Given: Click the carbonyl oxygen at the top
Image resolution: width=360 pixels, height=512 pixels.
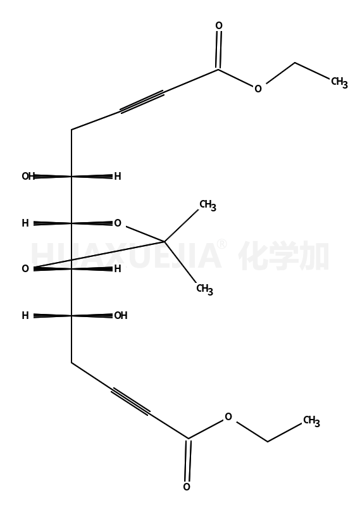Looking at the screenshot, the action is pos(219,25).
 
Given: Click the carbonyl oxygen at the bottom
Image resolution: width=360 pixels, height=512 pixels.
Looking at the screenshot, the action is pos(187,487).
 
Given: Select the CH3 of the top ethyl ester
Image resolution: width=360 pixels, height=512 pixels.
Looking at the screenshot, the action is pos(340,82).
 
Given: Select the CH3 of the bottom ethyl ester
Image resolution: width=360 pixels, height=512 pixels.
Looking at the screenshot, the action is pos(311,421).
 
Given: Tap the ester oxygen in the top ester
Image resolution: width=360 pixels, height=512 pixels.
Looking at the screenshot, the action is pos(258,89).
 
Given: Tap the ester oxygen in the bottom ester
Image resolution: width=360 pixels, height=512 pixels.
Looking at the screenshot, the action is pos(228,416).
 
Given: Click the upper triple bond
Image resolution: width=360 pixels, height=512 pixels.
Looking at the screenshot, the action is pos(142,102).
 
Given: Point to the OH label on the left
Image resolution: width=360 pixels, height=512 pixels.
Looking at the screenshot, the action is pos(28,177).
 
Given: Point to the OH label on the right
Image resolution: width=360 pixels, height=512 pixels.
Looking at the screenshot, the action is pos(120,315).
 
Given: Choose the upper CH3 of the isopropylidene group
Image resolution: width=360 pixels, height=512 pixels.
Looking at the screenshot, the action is pos(208,206).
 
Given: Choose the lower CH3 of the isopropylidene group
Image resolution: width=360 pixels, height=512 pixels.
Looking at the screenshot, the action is pos(204,289).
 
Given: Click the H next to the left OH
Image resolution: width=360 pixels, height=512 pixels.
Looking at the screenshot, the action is pos(118,177).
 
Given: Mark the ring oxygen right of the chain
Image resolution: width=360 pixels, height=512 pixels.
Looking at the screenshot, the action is pos(118,223).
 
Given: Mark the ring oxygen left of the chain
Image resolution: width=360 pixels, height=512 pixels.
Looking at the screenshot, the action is pos(25,269).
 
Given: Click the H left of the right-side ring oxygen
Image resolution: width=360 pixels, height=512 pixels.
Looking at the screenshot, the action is pos(25,223).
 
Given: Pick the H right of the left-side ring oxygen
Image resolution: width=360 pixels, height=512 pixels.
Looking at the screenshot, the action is pos(118,269).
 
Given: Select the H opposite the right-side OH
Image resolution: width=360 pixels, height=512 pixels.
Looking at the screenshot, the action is pos(25,315).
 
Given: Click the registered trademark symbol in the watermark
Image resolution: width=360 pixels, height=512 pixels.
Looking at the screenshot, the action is pos(222,244).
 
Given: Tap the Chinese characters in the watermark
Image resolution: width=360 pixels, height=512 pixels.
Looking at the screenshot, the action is pos(283,256).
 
